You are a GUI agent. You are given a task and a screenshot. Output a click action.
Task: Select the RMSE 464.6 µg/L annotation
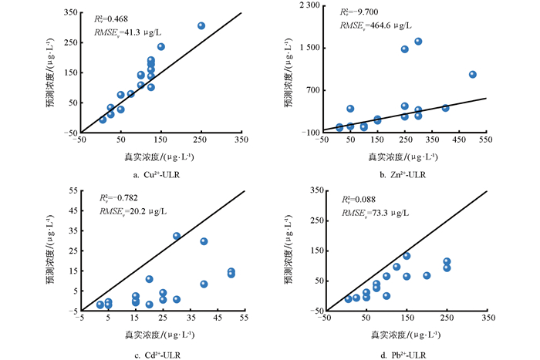click(383, 25)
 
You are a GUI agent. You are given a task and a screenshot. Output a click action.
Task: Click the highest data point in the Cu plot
click(201, 25)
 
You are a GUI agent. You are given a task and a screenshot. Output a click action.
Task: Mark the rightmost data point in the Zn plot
click(473, 74)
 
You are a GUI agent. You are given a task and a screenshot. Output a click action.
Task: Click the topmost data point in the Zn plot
click(418, 41)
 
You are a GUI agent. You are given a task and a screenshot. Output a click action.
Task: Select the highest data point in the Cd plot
click(177, 236)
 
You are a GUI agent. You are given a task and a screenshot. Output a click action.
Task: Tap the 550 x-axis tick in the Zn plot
click(486, 140)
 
